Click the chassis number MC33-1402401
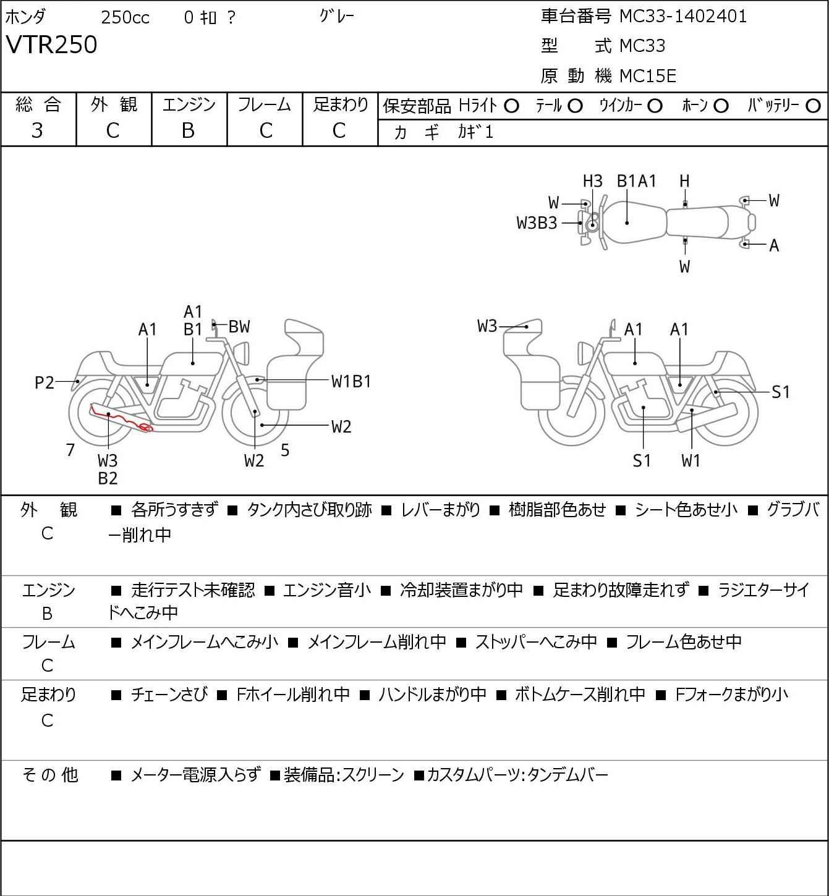pyautogui.click(x=682, y=17)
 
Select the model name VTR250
pyautogui.click(x=51, y=44)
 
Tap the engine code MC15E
pyautogui.click(x=647, y=76)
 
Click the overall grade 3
pyautogui.click(x=37, y=131)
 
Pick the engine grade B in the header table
pyautogui.click(x=189, y=131)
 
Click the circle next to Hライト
pyautogui.click(x=511, y=106)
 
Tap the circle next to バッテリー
pyautogui.click(x=813, y=106)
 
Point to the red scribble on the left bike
pyautogui.click(x=121, y=419)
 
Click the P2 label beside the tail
pyautogui.click(x=45, y=382)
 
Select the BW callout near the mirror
pyautogui.click(x=239, y=327)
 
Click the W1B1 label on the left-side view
pyautogui.click(x=351, y=382)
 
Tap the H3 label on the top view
pyautogui.click(x=592, y=182)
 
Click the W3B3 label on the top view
pyautogui.click(x=537, y=223)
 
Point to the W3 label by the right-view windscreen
pyautogui.click(x=487, y=326)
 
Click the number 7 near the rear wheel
pyautogui.click(x=70, y=450)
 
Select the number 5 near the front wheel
pyautogui.click(x=285, y=450)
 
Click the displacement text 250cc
pyautogui.click(x=125, y=17)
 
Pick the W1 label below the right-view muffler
pyautogui.click(x=691, y=460)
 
